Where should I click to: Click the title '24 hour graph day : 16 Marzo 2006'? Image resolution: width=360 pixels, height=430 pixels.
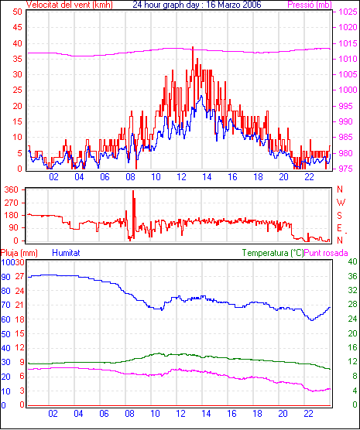(197, 5)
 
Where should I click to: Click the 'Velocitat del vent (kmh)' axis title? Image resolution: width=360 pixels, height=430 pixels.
(69, 5)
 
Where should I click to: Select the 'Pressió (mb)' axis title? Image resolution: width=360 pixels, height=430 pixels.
(310, 5)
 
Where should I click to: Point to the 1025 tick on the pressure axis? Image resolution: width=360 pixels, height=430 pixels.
(348, 12)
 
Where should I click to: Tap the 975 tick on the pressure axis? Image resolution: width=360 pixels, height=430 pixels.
(347, 169)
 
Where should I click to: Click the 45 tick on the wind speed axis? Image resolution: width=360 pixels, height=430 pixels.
(17, 27)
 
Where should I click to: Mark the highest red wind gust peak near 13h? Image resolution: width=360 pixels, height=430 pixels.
(193, 47)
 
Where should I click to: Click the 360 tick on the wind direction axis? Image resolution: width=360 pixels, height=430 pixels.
(12, 189)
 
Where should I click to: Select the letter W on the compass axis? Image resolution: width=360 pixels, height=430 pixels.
(341, 203)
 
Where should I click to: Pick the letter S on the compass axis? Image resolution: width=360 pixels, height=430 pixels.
(340, 216)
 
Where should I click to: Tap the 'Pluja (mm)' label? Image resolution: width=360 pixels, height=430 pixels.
(19, 253)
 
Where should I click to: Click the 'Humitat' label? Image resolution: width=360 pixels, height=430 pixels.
(66, 253)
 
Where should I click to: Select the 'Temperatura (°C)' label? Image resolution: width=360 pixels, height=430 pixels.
(273, 253)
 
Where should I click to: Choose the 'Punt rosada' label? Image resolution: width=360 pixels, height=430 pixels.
(326, 253)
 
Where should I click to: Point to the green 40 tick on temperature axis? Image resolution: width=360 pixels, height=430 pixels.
(352, 261)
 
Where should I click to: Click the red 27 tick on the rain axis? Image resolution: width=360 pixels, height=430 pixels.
(20, 276)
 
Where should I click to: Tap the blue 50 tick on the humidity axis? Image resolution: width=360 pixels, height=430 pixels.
(5, 334)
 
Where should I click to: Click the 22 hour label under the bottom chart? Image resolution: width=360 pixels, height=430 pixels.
(308, 414)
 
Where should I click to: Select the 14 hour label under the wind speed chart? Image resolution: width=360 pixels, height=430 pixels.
(207, 177)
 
